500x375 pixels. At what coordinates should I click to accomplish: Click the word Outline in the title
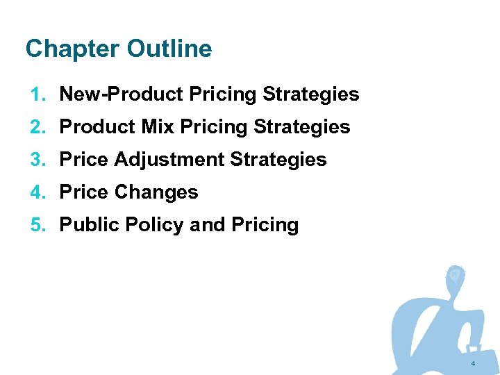coord(169,49)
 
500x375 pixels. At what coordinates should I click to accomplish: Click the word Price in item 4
coord(84,192)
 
